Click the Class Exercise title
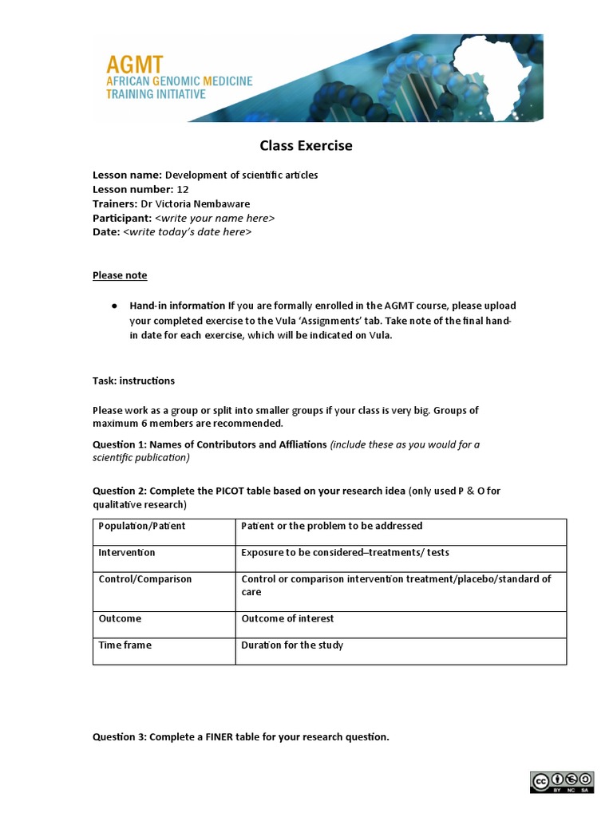tap(306, 146)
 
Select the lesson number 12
tap(183, 189)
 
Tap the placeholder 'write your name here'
tap(215, 218)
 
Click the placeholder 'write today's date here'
tap(188, 232)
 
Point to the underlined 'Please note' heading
tap(120, 275)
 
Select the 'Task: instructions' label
tap(133, 381)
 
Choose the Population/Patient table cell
tap(141, 527)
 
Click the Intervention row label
tap(127, 553)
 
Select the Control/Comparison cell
tap(145, 579)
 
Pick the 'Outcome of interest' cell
tap(287, 618)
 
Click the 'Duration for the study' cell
tap(292, 645)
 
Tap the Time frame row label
tap(125, 645)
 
